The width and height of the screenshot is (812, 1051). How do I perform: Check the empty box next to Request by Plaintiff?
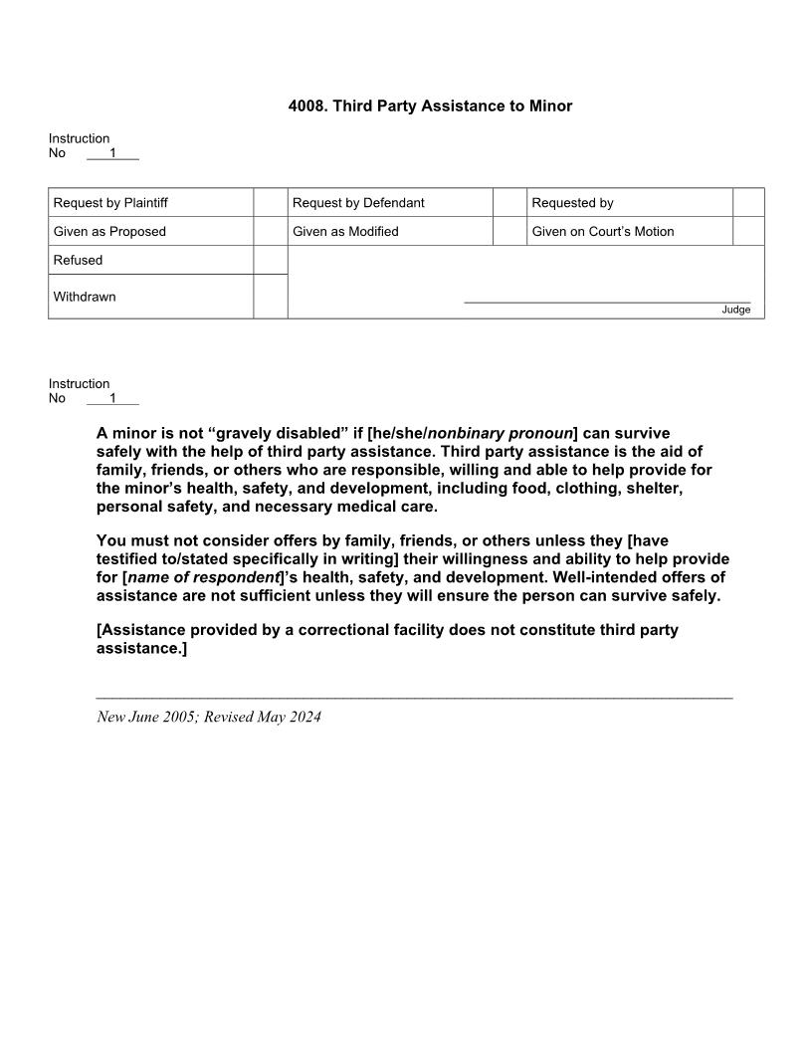coord(270,203)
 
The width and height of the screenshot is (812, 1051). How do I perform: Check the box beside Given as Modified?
coord(509,232)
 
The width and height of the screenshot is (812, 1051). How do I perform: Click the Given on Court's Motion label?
coord(602,232)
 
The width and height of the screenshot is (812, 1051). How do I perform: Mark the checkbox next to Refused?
coord(270,260)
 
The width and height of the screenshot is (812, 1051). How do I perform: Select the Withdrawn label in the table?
coord(85,297)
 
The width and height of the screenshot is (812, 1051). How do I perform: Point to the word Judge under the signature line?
coord(735,311)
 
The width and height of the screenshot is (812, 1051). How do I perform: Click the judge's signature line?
coord(607,301)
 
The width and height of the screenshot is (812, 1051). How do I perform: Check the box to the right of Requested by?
coord(748,203)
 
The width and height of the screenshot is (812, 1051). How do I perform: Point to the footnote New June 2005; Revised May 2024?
coord(209,717)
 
